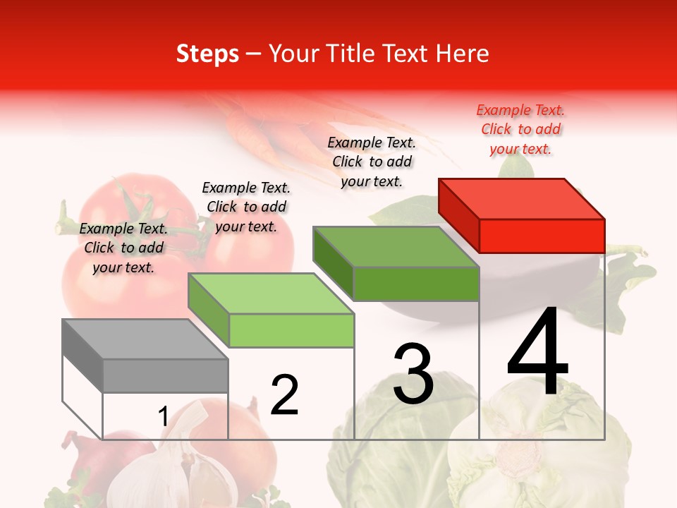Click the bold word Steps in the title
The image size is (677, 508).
[207, 54]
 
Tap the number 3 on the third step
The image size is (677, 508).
[413, 374]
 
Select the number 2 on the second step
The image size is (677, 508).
[285, 395]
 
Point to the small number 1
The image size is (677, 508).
[163, 417]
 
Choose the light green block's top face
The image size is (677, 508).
[271, 294]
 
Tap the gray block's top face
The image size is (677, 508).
[145, 339]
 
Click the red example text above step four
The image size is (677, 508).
[520, 129]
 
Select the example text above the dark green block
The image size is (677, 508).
[372, 162]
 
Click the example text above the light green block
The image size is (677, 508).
[246, 207]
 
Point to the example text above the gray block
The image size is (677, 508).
[123, 248]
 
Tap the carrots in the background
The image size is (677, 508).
[254, 131]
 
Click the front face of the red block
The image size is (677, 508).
[542, 236]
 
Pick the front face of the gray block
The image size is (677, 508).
[165, 375]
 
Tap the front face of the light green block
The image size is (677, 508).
[291, 330]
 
